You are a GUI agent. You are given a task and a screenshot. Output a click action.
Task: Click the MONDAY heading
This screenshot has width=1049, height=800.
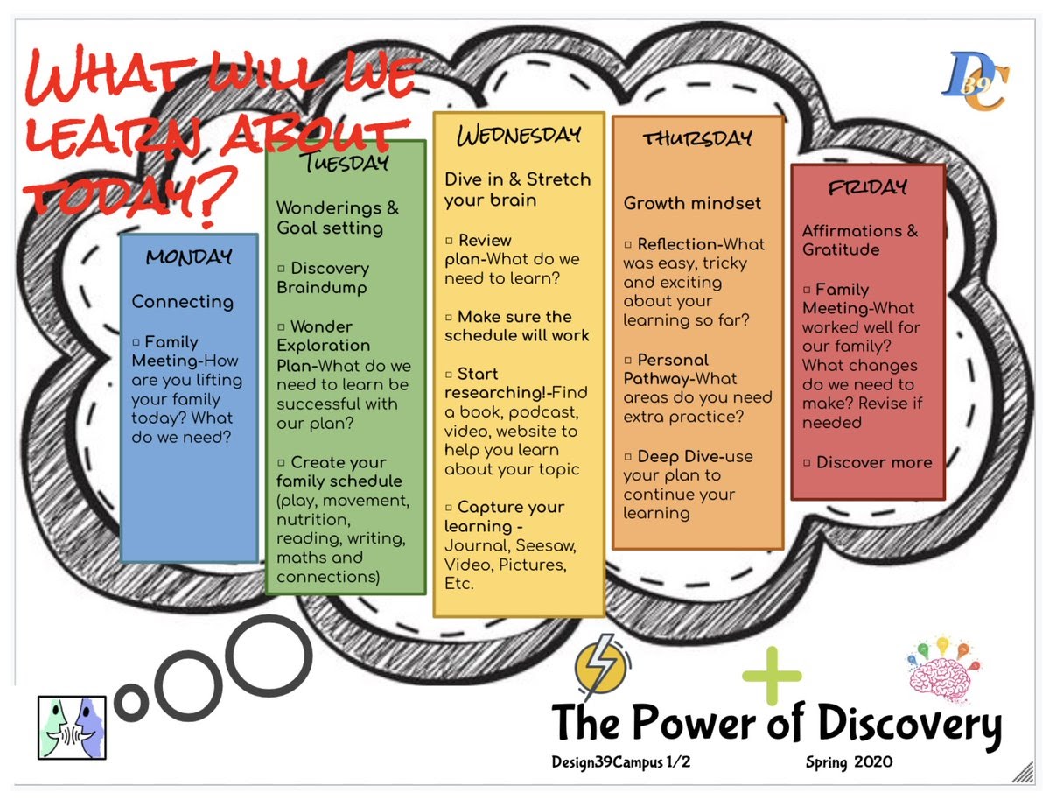pyautogui.click(x=189, y=257)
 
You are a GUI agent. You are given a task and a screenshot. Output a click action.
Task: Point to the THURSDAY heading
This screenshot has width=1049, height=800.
pyautogui.click(x=697, y=138)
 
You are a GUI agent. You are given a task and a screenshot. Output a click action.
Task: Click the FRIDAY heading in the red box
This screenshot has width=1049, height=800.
pyautogui.click(x=867, y=186)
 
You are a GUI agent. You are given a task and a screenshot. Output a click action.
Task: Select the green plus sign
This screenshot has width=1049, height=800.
pyautogui.click(x=772, y=675)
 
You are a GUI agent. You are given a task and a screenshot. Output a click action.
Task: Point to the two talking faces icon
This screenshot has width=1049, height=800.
pyautogui.click(x=72, y=726)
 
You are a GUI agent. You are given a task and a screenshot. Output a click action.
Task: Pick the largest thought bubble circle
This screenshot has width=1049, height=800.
pyautogui.click(x=270, y=656)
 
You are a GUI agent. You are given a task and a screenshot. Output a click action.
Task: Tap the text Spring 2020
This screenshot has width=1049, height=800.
pyautogui.click(x=849, y=763)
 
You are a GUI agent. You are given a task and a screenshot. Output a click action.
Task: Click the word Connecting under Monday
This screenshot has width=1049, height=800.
pyautogui.click(x=183, y=302)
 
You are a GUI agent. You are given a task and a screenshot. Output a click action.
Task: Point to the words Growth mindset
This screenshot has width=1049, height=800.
pyautogui.click(x=692, y=204)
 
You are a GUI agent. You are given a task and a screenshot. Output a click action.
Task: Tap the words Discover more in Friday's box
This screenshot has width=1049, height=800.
pyautogui.click(x=874, y=462)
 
